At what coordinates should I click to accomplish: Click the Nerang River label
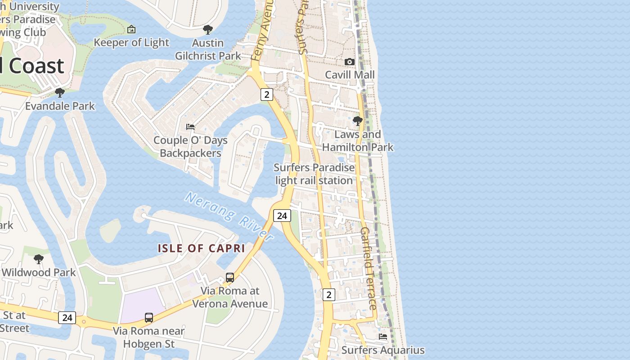click(229, 216)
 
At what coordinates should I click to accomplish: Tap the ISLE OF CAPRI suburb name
click(201, 248)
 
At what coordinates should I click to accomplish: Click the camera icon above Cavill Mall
click(350, 62)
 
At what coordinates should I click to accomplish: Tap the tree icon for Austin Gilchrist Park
click(207, 30)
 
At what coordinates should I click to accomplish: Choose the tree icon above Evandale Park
click(59, 93)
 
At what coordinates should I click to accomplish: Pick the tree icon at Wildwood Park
click(39, 259)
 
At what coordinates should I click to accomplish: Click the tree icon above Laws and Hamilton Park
click(358, 121)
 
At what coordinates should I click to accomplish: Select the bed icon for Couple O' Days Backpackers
click(190, 127)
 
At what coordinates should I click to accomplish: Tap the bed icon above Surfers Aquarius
click(383, 337)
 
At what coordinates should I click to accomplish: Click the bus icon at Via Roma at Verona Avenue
click(230, 278)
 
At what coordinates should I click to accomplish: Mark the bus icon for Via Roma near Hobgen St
click(149, 318)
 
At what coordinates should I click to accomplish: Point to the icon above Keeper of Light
click(131, 29)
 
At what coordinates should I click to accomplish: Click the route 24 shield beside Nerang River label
click(282, 216)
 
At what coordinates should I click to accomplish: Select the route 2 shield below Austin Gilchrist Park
click(267, 94)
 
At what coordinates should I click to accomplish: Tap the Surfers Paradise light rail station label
click(314, 174)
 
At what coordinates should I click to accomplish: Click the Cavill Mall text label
click(350, 75)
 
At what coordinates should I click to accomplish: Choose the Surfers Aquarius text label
click(383, 350)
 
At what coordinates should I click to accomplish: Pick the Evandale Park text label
click(60, 106)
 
